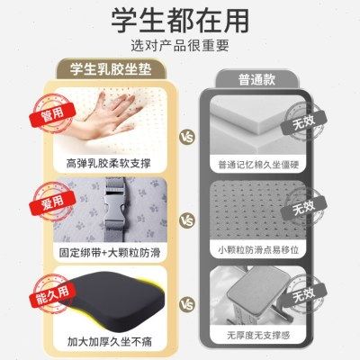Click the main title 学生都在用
click(x=179, y=20)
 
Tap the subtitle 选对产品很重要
click(x=179, y=44)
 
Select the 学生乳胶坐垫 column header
click(x=115, y=70)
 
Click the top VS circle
click(x=187, y=137)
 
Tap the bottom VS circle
click(x=187, y=303)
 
